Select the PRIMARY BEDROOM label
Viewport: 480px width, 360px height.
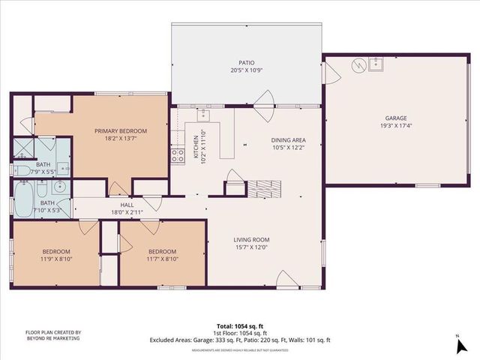(x=121, y=131)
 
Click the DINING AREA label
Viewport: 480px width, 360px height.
(x=289, y=139)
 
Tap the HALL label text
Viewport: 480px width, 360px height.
(x=127, y=205)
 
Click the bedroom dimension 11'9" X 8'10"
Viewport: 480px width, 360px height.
(x=56, y=259)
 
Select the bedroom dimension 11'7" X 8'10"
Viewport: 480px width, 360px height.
(x=162, y=259)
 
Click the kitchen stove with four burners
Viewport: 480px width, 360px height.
(x=178, y=155)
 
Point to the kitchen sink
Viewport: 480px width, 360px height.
(x=203, y=115)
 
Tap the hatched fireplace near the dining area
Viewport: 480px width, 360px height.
(x=262, y=187)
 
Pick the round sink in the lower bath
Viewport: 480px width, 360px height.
(x=59, y=187)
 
